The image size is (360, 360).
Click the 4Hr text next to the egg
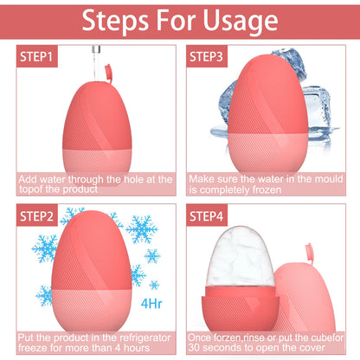(151, 304)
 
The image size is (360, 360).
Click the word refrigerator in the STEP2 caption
(140, 336)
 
